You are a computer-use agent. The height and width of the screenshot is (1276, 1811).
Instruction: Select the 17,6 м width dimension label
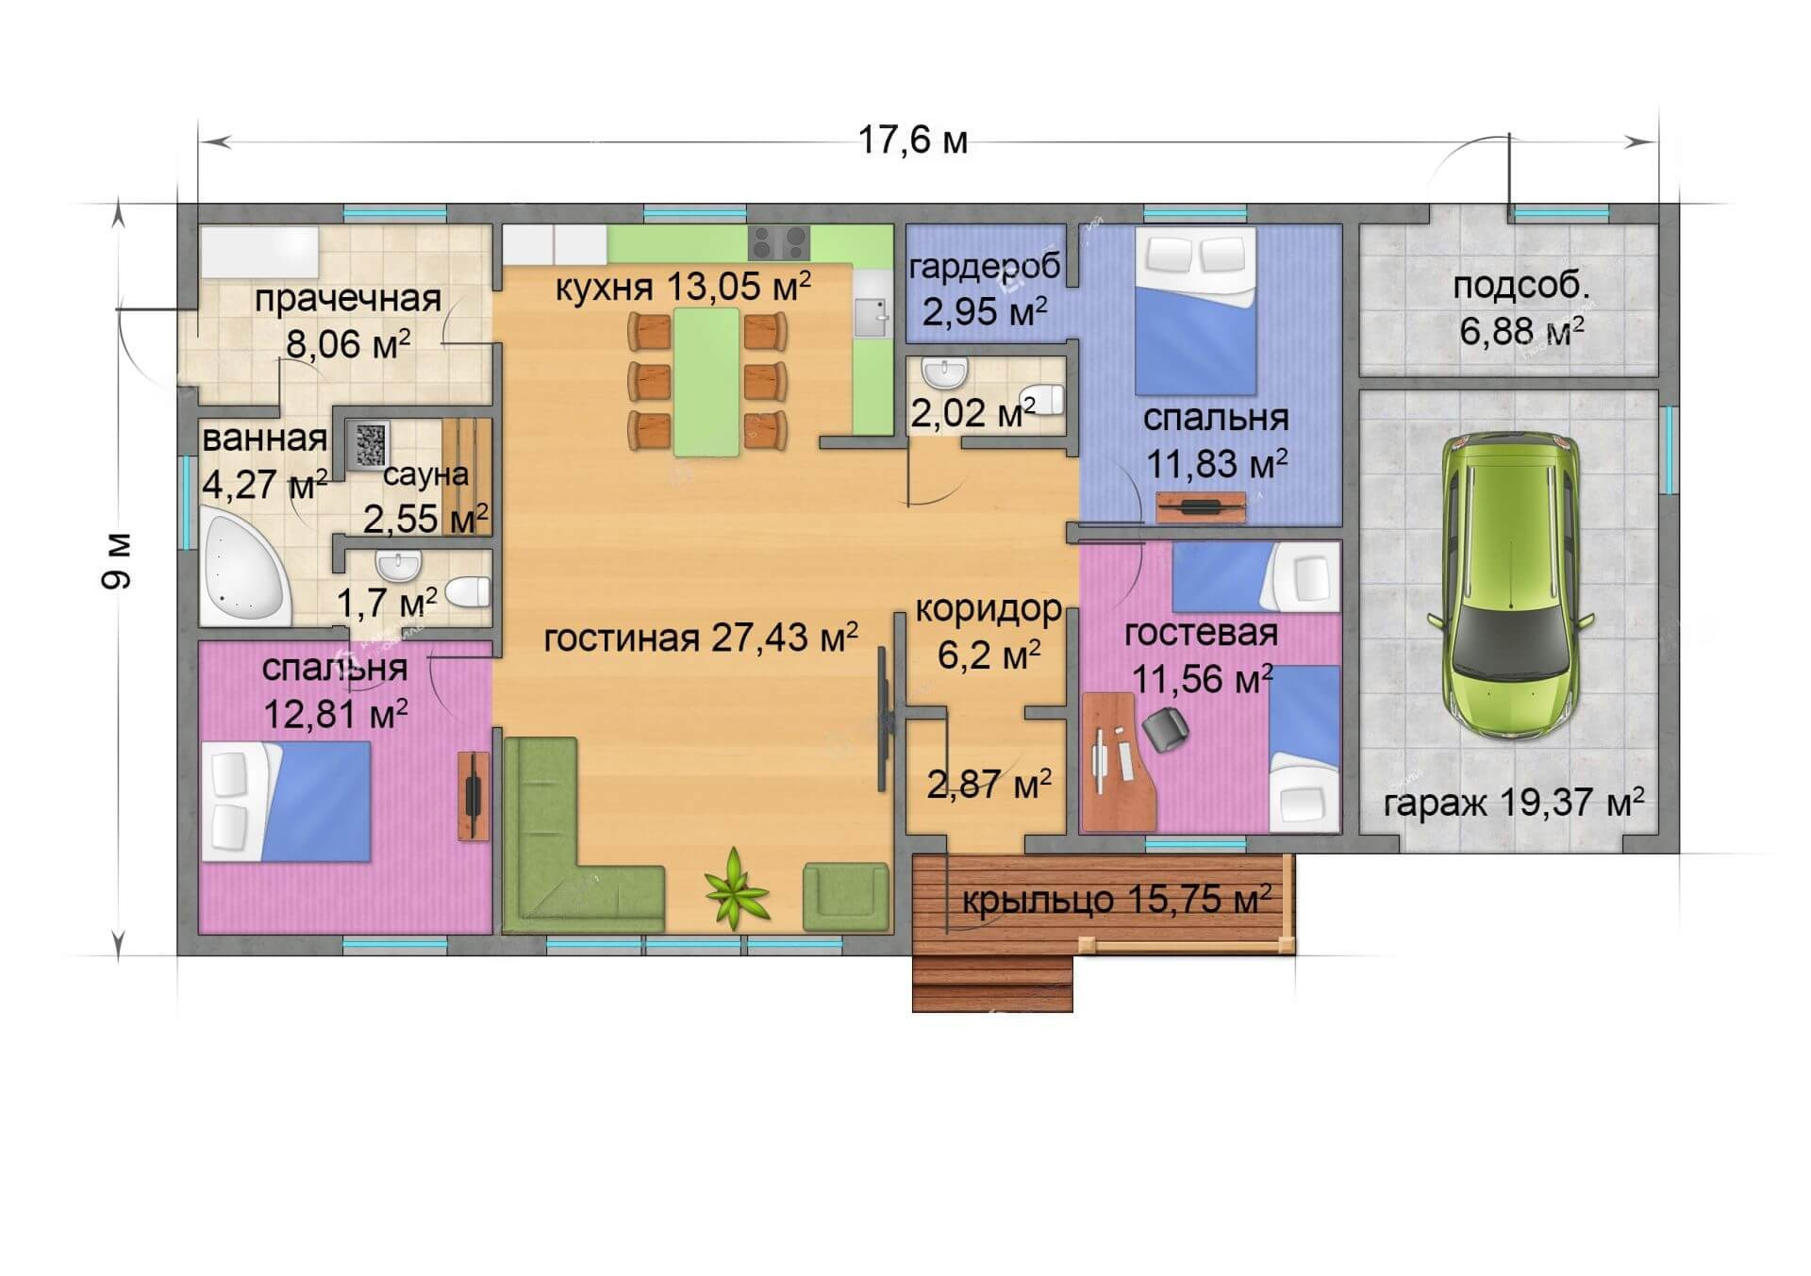click(912, 141)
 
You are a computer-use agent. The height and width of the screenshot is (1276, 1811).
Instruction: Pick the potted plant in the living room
click(735, 887)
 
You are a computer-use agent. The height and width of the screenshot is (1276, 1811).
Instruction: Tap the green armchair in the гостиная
click(845, 896)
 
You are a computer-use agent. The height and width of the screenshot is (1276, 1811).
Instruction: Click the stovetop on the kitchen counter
click(779, 242)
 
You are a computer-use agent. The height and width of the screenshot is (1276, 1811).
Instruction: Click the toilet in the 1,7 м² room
click(468, 592)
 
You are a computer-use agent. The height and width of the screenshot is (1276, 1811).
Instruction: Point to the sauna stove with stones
click(371, 441)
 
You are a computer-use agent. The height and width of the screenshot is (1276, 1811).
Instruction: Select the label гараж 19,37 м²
click(1514, 803)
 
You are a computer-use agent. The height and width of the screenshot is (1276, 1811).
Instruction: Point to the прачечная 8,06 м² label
click(348, 321)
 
